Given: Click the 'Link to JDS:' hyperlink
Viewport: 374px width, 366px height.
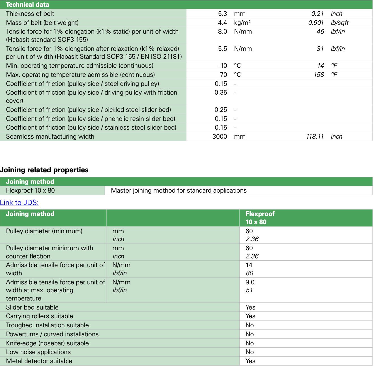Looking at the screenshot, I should tap(19, 202).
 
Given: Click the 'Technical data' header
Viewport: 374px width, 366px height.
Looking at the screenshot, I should tap(27, 5).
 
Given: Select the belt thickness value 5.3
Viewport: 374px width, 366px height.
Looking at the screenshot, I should tap(222, 14).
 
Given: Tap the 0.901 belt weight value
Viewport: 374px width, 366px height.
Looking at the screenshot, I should tap(316, 23).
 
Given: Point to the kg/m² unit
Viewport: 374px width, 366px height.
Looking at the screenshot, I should tap(242, 23).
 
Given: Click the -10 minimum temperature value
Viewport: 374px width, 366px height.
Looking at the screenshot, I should tap(223, 66).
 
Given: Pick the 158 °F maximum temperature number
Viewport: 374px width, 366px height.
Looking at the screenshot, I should tap(319, 75).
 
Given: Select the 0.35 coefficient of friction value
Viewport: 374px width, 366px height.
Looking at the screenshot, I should tap(221, 92).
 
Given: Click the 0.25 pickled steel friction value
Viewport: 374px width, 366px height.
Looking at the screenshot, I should tap(221, 110).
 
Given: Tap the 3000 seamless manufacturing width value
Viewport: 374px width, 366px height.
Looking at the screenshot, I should tap(220, 136).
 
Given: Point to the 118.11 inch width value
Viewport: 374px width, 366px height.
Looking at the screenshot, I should tap(315, 136).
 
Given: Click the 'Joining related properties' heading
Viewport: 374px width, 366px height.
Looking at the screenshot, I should tap(44, 170).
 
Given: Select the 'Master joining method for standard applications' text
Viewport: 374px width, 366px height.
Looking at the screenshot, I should tap(179, 190).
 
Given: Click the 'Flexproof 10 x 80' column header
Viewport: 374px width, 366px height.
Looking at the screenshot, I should tap(260, 218).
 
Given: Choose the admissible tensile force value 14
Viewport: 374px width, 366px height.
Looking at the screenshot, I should tap(249, 265).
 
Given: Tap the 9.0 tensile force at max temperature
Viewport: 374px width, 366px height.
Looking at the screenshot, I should tap(250, 282).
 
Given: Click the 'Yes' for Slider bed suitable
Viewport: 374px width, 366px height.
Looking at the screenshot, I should tap(250, 307).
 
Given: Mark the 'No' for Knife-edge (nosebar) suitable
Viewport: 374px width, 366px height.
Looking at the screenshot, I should tap(250, 343).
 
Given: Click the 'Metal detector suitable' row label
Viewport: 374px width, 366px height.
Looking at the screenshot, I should tap(39, 361).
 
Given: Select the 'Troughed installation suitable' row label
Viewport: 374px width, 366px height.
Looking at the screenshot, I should tap(47, 325).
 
